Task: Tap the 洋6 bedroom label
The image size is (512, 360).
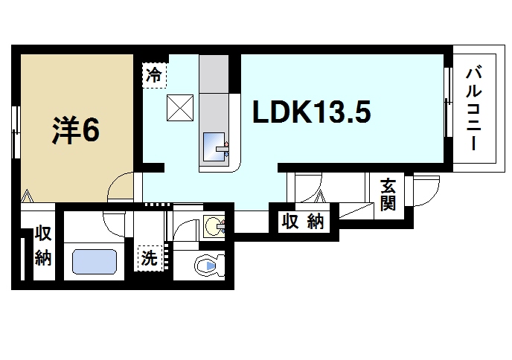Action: (75, 129)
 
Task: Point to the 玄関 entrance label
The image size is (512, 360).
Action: (388, 194)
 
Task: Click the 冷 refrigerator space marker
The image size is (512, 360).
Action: (154, 74)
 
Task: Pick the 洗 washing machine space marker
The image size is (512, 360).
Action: (150, 259)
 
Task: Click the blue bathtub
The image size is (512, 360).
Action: (95, 262)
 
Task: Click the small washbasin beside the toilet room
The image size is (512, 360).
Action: (214, 225)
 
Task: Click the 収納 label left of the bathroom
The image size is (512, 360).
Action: (43, 246)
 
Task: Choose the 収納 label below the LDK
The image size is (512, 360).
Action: (303, 221)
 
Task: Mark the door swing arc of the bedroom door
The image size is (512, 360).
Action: (121, 187)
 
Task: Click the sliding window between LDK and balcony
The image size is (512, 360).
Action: (447, 104)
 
